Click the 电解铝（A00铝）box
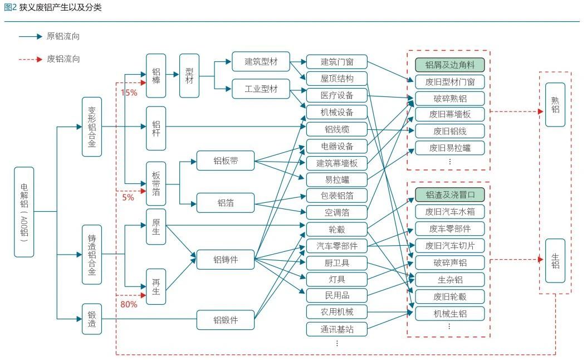[24, 211]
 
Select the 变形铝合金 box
[91, 127]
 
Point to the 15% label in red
[129, 93]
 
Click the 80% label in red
[129, 304]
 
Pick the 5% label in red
[128, 197]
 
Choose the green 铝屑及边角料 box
[450, 65]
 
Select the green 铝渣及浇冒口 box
[450, 194]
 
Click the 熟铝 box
[555, 104]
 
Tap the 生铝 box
[555, 261]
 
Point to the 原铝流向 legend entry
[62, 36]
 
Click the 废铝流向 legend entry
[62, 59]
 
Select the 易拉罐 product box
[337, 179]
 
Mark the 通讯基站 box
[337, 329]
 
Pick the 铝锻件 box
[226, 320]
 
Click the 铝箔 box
[226, 203]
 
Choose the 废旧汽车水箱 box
[450, 212]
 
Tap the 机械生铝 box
[450, 314]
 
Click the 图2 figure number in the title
[11, 7]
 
